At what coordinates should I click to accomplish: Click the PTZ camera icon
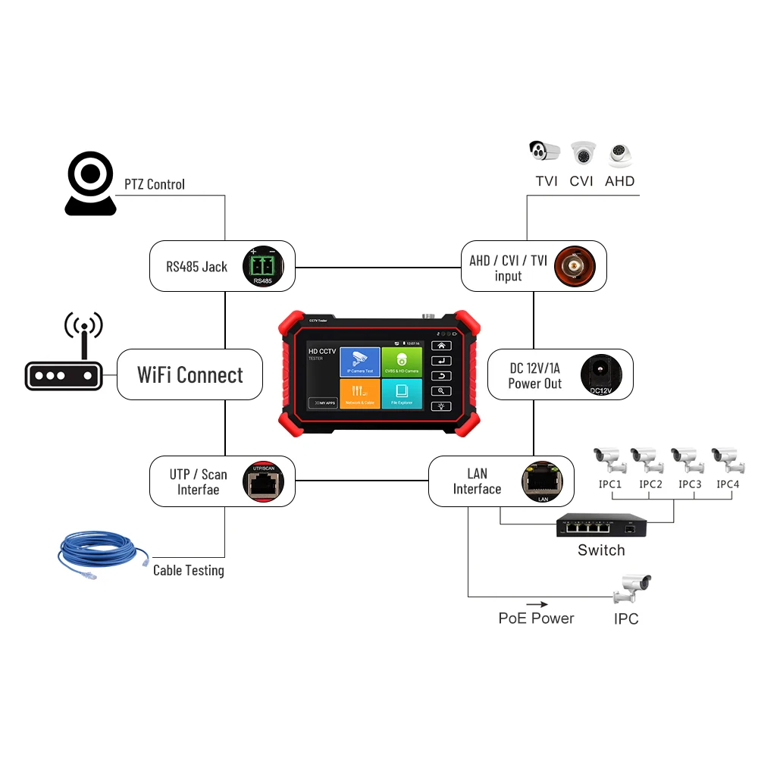coord(90,184)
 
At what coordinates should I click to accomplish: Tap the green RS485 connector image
coord(262,267)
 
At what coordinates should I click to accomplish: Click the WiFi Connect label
coord(190,374)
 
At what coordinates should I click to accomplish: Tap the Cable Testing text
coord(189,570)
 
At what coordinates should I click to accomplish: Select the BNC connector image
coord(575,266)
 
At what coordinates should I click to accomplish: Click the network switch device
coord(602,525)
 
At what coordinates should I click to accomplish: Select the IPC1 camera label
coord(609,484)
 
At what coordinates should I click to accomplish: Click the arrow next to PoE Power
coord(537,604)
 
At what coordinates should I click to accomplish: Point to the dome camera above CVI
coord(583,154)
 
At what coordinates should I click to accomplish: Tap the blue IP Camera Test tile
coord(359,362)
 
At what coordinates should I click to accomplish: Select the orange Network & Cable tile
coord(359,393)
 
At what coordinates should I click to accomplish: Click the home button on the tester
coord(440,346)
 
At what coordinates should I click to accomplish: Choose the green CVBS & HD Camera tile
coord(401,362)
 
